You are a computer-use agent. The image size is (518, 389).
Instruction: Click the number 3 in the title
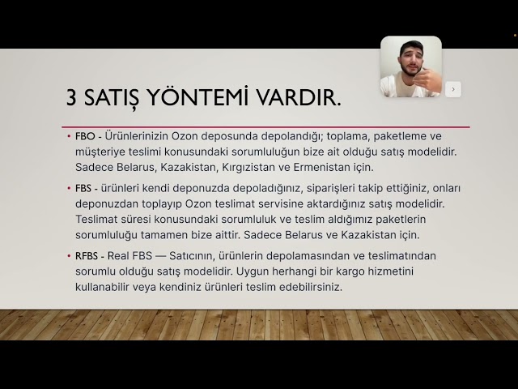pos(72,98)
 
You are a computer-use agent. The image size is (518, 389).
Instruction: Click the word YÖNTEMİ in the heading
pos(187,98)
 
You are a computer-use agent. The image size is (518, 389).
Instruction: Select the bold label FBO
pos(84,137)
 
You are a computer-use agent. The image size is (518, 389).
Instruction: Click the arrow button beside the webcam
pos(453,89)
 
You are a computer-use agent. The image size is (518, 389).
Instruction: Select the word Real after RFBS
pos(120,255)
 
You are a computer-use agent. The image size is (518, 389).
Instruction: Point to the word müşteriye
pos(100,152)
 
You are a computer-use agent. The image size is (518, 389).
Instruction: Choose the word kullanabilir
pos(103,287)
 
